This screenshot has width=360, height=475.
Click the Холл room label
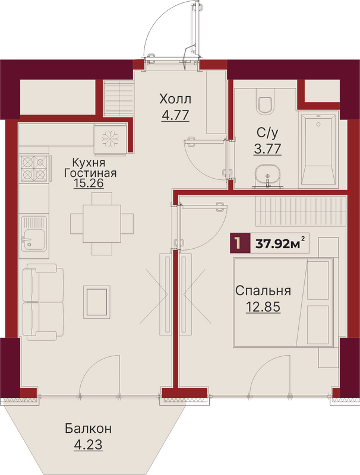tap(175, 99)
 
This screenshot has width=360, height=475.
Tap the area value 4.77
tap(175, 115)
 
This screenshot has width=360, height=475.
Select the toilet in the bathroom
tap(265, 101)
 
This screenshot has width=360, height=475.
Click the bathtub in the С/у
tap(318, 150)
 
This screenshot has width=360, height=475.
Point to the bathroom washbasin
tap(267, 175)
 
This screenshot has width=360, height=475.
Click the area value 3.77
tap(267, 149)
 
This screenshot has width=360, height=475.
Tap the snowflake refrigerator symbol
tap(110, 140)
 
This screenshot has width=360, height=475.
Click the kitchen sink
tap(34, 233)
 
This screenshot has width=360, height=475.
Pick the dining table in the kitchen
tap(102, 224)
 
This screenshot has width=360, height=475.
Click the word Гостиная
tap(90, 173)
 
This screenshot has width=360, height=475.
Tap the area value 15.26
tap(89, 183)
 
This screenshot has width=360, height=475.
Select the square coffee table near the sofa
tap(97, 302)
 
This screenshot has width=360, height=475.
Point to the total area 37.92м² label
tap(280, 243)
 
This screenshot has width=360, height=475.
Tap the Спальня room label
tap(263, 291)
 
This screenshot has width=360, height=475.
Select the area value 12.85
tap(263, 307)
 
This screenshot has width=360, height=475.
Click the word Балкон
tap(88, 429)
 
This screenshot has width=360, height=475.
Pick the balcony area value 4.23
tap(88, 445)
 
